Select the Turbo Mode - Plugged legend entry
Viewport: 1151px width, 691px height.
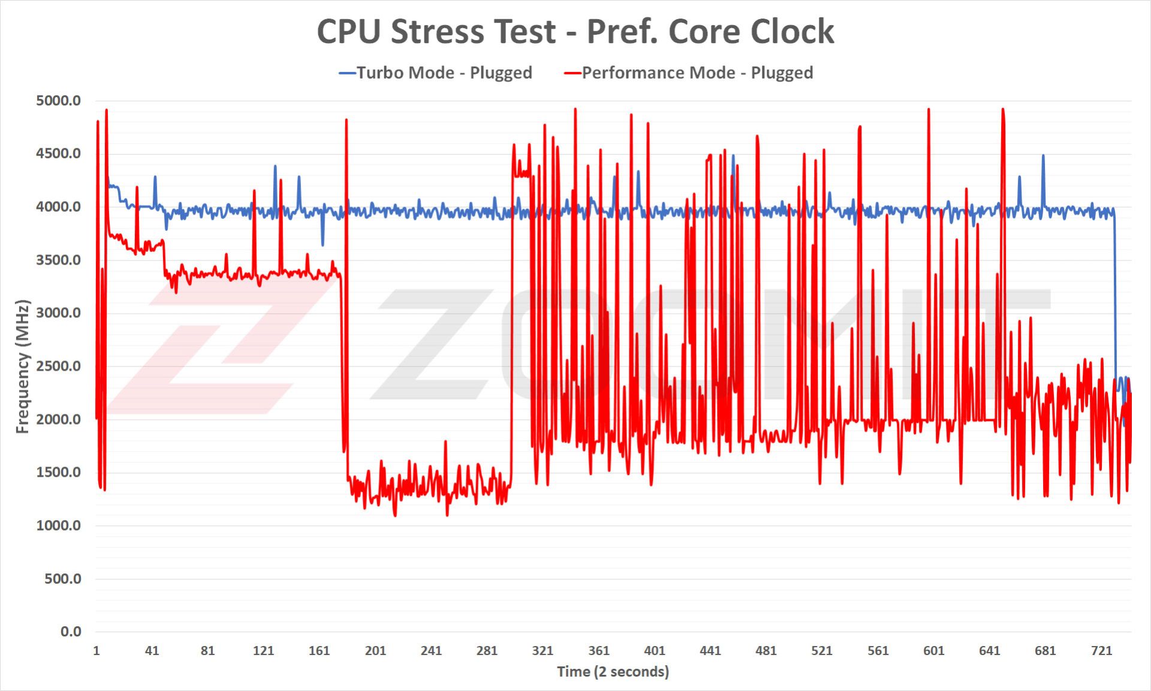[444, 73]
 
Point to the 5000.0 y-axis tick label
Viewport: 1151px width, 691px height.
[58, 101]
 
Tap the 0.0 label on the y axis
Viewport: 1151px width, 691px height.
[71, 632]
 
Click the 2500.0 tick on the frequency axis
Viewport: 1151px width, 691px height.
[58, 366]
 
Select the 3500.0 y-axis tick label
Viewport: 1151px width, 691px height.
[58, 260]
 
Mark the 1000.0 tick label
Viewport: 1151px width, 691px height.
[58, 525]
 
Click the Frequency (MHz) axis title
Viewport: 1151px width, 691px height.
[23, 366]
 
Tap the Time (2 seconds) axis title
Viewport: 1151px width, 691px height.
[613, 672]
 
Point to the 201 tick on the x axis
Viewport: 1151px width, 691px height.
[375, 651]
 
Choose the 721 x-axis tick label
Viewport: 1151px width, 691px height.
[1101, 651]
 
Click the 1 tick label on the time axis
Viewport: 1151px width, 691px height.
[97, 651]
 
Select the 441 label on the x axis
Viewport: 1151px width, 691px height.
[710, 651]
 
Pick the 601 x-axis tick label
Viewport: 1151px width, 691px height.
[933, 651]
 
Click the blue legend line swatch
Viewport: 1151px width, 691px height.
[348, 73]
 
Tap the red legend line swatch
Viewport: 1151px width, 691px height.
[573, 73]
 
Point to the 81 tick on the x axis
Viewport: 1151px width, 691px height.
[207, 651]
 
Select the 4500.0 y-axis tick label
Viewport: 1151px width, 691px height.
[58, 154]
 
